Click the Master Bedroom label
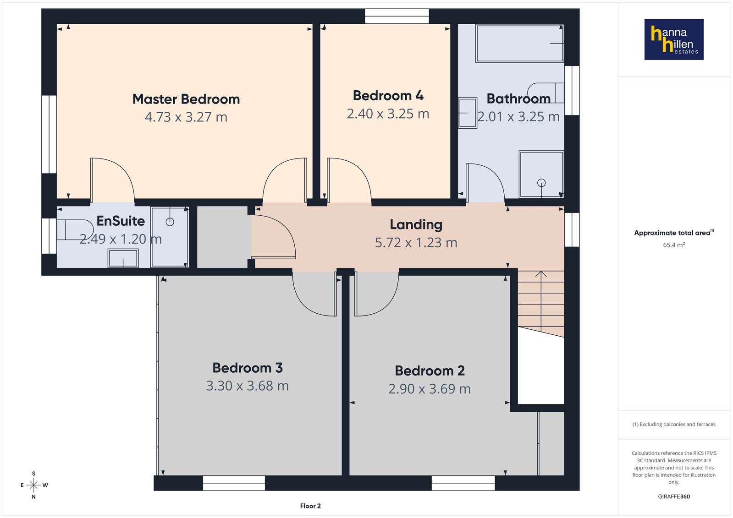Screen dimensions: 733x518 click(186, 99)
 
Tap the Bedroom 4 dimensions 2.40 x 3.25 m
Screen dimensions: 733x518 click(388, 114)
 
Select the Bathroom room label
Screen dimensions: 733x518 click(518, 98)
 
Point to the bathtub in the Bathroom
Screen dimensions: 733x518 click(519, 43)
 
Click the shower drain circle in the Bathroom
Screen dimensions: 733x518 click(541, 182)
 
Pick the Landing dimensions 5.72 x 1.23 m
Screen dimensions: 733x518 click(416, 243)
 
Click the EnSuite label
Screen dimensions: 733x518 click(121, 221)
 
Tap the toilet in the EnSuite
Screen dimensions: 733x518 click(75, 229)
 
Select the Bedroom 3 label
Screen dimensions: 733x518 click(248, 368)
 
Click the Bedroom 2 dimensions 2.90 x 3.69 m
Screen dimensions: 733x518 click(430, 389)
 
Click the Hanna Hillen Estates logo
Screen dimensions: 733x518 click(674, 39)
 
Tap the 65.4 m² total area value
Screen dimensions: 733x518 click(674, 245)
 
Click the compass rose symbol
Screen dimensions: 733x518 click(34, 485)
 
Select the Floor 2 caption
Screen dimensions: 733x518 click(310, 506)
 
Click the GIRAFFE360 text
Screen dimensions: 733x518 click(674, 496)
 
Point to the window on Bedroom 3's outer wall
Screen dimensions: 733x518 click(234, 483)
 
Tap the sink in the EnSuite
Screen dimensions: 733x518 click(123, 258)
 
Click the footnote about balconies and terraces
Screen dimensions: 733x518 click(674, 424)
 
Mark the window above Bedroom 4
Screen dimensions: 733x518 click(397, 16)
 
